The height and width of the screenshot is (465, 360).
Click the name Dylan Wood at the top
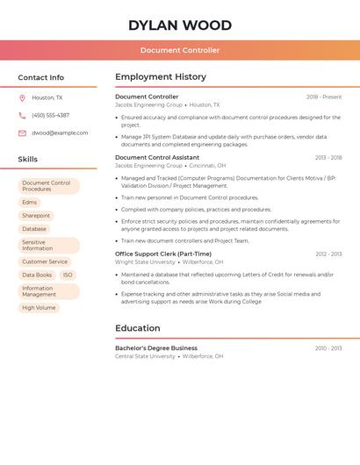(x=180, y=25)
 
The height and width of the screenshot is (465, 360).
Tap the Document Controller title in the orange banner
(x=180, y=50)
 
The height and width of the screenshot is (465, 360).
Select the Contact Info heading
(x=40, y=77)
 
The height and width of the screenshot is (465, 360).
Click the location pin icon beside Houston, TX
(x=22, y=98)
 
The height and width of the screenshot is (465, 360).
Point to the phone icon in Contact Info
(x=22, y=116)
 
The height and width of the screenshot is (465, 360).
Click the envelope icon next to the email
(x=22, y=133)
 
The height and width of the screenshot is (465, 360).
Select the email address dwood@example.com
(x=60, y=133)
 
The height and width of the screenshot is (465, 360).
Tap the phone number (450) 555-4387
(x=50, y=116)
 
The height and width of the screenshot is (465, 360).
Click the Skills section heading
(x=27, y=160)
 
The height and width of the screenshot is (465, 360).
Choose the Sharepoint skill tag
(x=36, y=216)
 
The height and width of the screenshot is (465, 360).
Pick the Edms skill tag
(x=30, y=203)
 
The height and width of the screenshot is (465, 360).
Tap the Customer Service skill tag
(x=45, y=261)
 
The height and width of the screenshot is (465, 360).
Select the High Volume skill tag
(x=39, y=308)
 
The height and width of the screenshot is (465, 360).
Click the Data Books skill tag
(x=37, y=275)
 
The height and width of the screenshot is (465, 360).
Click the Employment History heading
(x=161, y=77)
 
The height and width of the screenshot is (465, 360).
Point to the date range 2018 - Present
(x=324, y=97)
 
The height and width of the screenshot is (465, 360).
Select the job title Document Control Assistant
(x=157, y=158)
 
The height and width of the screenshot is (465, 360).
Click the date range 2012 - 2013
(x=328, y=254)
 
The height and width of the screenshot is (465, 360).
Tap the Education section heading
(x=138, y=328)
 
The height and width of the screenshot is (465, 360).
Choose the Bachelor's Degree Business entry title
(x=156, y=348)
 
